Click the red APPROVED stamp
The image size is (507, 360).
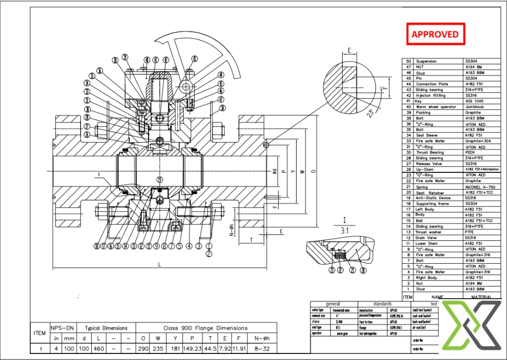click(435, 34)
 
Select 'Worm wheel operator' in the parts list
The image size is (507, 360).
click(436, 107)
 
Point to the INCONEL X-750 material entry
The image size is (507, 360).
click(480, 187)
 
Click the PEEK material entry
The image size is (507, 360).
click(470, 152)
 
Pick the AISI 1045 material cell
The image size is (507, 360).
click(475, 101)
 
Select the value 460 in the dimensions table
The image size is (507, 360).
click(100, 349)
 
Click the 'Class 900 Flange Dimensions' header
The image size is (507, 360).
click(205, 328)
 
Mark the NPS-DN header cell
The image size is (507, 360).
click(62, 328)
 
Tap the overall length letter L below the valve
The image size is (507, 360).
click(160, 265)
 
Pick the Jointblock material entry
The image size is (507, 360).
click(475, 107)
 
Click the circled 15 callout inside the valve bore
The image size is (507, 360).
click(160, 179)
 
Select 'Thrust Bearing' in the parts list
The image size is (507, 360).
click(430, 152)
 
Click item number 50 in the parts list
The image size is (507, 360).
click(408, 61)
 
